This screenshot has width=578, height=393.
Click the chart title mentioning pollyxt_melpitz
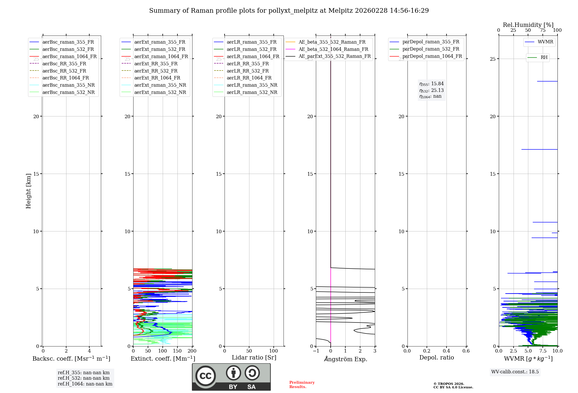(x=289, y=11)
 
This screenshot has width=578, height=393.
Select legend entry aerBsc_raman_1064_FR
(x=69, y=57)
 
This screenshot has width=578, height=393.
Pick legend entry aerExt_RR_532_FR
(x=156, y=71)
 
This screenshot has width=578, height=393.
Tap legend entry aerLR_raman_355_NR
(x=252, y=85)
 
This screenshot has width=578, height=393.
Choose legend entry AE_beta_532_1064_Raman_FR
(x=333, y=49)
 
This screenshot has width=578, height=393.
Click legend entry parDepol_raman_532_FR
(x=431, y=49)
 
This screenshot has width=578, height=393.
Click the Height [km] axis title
(x=28, y=191)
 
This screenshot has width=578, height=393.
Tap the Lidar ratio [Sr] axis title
(x=254, y=358)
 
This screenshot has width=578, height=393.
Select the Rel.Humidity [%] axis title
(x=528, y=25)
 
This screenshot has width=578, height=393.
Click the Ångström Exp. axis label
(x=345, y=359)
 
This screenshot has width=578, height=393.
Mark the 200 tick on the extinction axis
(x=192, y=351)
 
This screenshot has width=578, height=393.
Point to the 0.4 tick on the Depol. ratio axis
(x=447, y=351)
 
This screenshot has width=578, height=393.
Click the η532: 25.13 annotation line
(x=431, y=90)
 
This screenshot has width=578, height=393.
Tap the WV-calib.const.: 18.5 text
(x=515, y=372)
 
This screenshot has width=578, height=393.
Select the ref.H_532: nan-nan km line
(x=84, y=378)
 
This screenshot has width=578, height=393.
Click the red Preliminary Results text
(x=302, y=385)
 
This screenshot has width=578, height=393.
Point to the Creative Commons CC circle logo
(x=205, y=376)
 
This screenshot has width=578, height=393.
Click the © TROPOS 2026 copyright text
(x=449, y=384)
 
